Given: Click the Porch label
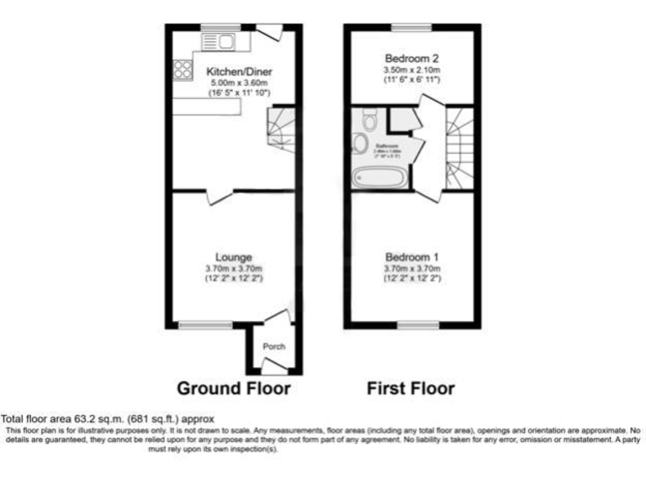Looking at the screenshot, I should pyautogui.click(x=273, y=346).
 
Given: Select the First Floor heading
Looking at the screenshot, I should pyautogui.click(x=410, y=388).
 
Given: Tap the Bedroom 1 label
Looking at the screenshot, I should pyautogui.click(x=412, y=256).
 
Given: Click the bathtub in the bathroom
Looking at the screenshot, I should pyautogui.click(x=379, y=177).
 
